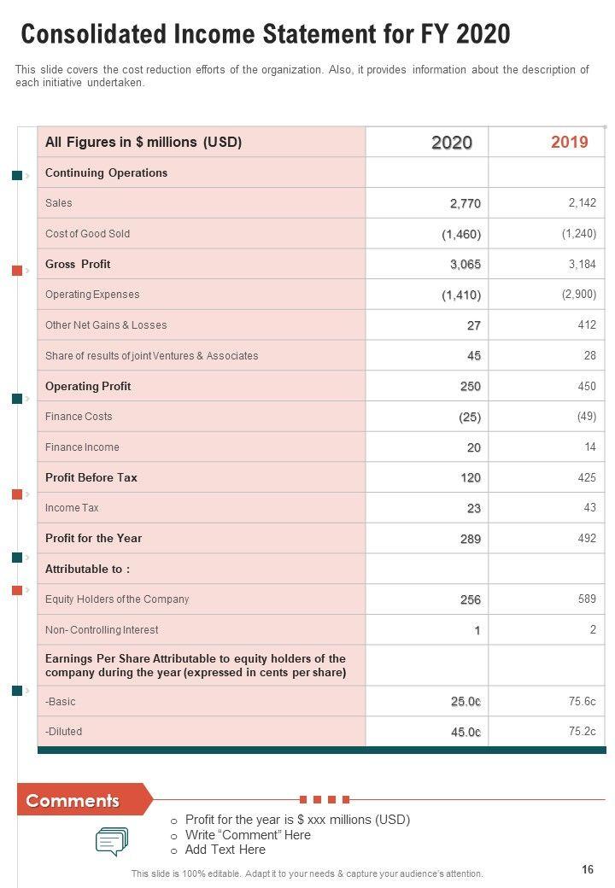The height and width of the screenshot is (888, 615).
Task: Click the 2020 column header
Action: (451, 143)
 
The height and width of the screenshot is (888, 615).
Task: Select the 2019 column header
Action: (569, 142)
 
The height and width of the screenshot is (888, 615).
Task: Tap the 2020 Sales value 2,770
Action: (466, 203)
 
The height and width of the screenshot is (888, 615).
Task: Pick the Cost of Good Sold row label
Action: (88, 234)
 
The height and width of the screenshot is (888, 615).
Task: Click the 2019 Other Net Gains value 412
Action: (587, 324)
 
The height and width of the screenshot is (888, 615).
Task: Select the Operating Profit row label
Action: (88, 386)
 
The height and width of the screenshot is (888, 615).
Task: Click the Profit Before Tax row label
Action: (91, 477)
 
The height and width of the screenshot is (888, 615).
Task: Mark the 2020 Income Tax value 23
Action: (473, 508)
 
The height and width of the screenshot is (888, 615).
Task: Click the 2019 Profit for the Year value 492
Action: (587, 538)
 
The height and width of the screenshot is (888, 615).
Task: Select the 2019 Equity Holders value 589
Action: (587, 599)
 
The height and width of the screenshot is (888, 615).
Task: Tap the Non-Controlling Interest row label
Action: (102, 630)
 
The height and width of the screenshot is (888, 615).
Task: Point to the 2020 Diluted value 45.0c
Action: (466, 732)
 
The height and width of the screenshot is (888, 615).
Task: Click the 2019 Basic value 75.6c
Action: (583, 701)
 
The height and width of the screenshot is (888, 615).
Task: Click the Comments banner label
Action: (73, 801)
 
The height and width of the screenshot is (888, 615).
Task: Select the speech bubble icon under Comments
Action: (112, 841)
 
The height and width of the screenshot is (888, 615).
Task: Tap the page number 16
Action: (587, 869)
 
